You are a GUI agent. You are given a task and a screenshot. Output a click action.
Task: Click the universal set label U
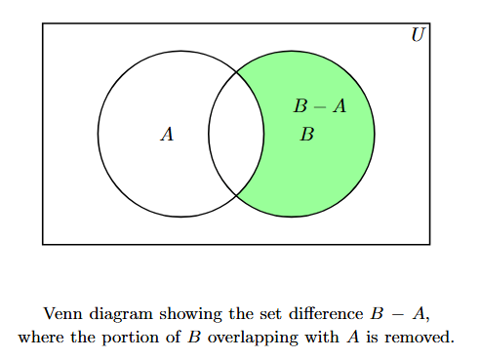(x=418, y=35)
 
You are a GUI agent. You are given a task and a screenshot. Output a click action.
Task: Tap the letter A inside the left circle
(x=167, y=135)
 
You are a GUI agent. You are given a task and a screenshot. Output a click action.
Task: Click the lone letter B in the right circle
(x=306, y=134)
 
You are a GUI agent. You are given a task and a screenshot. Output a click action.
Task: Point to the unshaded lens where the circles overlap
(x=236, y=134)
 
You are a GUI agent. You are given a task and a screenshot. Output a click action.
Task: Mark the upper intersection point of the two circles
(x=236, y=71)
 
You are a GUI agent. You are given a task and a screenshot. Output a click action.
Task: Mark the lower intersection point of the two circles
(x=236, y=196)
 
